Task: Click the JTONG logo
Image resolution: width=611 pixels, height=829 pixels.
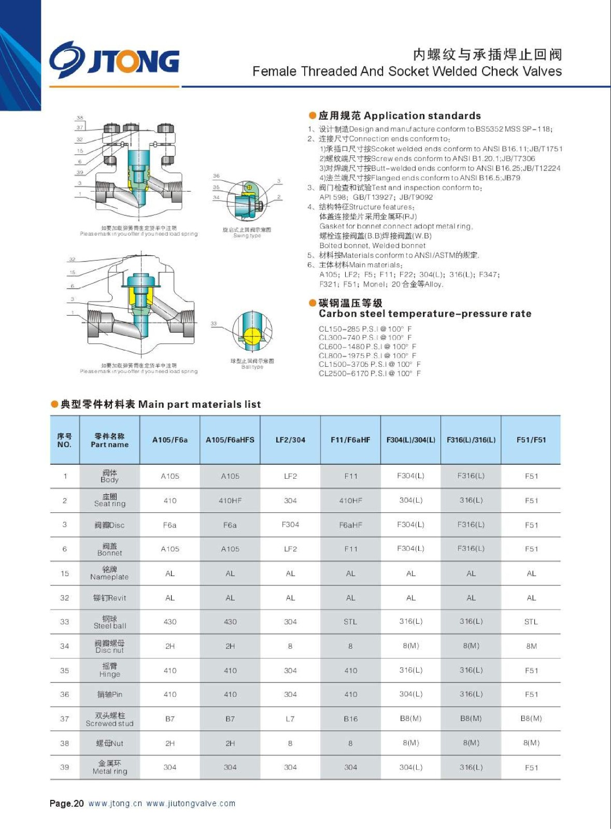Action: tap(115, 60)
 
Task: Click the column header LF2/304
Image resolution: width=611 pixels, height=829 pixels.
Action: tap(290, 440)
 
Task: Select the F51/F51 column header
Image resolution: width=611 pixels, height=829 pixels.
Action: tap(531, 440)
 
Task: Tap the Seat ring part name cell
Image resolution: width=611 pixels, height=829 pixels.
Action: tap(109, 500)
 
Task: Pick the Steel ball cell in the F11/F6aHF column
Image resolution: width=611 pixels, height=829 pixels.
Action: tap(350, 622)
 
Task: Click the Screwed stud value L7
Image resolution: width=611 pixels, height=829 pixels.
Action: tap(290, 719)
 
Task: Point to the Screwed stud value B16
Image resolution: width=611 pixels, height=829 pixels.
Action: tap(350, 719)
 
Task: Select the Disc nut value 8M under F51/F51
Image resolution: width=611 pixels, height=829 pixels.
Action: tap(531, 646)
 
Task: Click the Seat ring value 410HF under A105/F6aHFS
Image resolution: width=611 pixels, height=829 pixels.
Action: tap(230, 501)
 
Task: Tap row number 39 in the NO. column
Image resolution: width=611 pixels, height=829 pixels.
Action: tap(64, 767)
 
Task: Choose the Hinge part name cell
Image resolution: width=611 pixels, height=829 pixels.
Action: tap(109, 670)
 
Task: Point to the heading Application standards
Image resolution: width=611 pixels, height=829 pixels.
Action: tap(399, 116)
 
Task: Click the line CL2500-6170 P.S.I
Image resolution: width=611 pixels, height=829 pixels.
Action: tap(369, 373)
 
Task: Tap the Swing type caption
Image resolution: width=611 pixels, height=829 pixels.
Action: tap(247, 236)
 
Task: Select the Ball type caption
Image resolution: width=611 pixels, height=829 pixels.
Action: tap(252, 367)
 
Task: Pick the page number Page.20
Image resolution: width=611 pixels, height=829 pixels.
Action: tap(66, 804)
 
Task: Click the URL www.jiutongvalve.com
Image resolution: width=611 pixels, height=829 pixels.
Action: tap(191, 804)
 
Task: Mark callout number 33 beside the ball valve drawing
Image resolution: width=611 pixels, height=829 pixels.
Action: tap(214, 323)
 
